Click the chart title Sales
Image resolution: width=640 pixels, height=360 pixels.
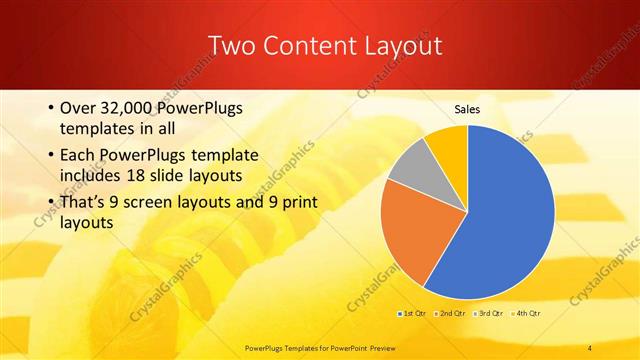pyautogui.click(x=468, y=109)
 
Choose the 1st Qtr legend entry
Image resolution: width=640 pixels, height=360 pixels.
pyautogui.click(x=414, y=314)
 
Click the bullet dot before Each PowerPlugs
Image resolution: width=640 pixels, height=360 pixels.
pyautogui.click(x=50, y=156)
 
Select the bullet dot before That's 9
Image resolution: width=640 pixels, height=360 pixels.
pyautogui.click(x=50, y=200)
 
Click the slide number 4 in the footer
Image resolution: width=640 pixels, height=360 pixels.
pyautogui.click(x=590, y=346)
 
